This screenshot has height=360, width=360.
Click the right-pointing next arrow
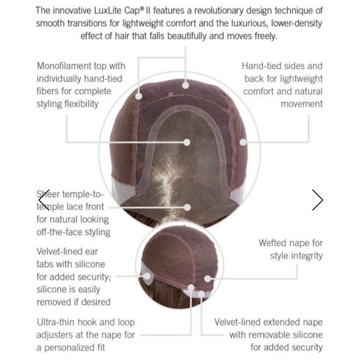tap(318, 200)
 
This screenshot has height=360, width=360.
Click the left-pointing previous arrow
tap(44, 200)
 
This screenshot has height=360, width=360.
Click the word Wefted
tap(272, 243)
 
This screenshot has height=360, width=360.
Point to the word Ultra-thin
tap(56, 322)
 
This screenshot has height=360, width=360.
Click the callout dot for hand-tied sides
tap(243, 142)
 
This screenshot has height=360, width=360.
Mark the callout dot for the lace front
tap(187, 207)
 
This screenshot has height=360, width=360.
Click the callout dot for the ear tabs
tap(147, 276)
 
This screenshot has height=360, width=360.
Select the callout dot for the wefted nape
tap(207, 279)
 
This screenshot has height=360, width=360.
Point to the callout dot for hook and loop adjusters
tap(191, 287)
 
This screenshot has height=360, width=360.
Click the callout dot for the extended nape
tap(201, 294)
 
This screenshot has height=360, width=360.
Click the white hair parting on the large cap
tap(166, 181)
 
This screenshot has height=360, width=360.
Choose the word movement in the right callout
tap(302, 104)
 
